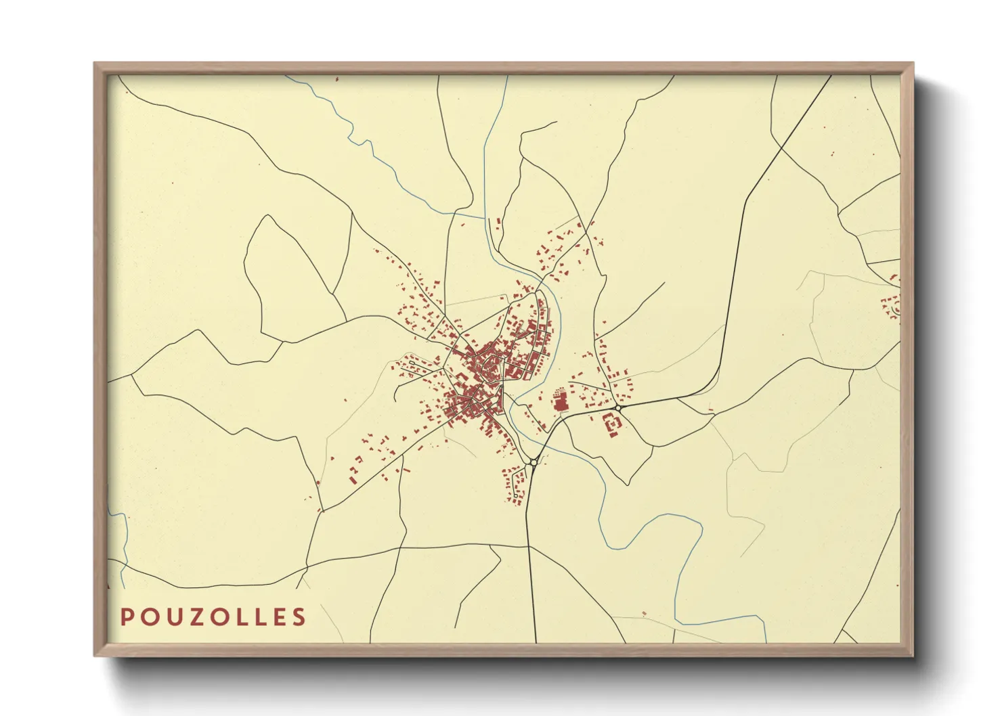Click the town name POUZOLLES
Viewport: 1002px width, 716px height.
click(213, 617)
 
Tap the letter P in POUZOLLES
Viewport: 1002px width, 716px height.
click(126, 617)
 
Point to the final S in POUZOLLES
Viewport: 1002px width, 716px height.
click(299, 617)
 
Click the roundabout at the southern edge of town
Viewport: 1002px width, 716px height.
click(533, 462)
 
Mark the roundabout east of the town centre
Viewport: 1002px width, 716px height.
click(618, 408)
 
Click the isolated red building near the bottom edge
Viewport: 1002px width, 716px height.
click(644, 613)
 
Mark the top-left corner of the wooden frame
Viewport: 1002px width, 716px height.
click(95, 64)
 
